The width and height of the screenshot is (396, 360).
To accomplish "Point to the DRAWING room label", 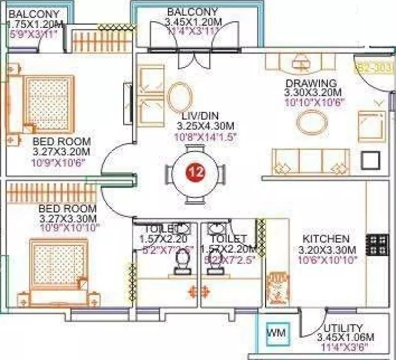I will pos(310,83).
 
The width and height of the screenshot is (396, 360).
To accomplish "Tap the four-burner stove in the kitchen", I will pos(376,244).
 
